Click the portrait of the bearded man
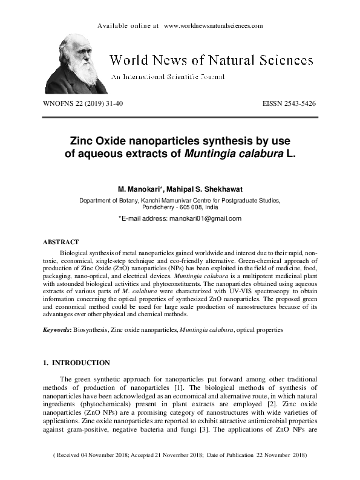76,63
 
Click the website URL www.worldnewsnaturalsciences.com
213,26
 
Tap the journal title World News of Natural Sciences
211,60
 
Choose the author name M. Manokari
139,189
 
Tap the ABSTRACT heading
60,242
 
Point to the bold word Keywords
56,330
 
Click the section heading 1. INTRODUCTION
76,363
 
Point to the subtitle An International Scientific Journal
167,77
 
